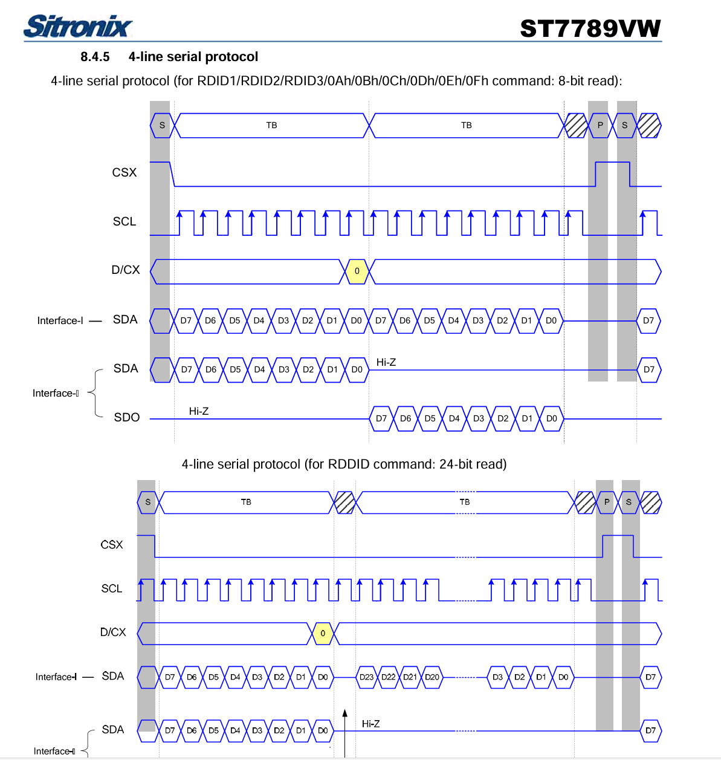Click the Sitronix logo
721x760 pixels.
pyautogui.click(x=77, y=27)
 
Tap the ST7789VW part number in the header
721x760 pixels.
pyautogui.click(x=590, y=28)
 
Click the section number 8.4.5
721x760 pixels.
pyautogui.click(x=95, y=57)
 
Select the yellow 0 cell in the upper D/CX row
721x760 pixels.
pyautogui.click(x=357, y=271)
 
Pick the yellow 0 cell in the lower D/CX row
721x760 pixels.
pyautogui.click(x=323, y=633)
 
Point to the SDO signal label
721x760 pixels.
pyautogui.click(x=127, y=417)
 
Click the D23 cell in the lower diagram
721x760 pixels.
pyautogui.click(x=366, y=677)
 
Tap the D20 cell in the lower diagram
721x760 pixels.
pyautogui.click(x=432, y=677)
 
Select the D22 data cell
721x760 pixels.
pyautogui.click(x=388, y=677)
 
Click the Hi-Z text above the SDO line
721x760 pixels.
pyautogui.click(x=199, y=411)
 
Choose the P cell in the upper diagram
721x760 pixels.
pyautogui.click(x=600, y=125)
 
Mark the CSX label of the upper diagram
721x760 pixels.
pyautogui.click(x=124, y=172)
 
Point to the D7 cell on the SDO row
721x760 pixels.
pyautogui.click(x=381, y=418)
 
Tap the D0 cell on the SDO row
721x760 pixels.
pyautogui.click(x=552, y=418)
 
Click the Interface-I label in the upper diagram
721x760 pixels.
pyautogui.click(x=60, y=320)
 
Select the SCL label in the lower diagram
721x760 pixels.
pyautogui.click(x=112, y=588)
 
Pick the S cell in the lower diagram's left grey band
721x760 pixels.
pyautogui.click(x=148, y=502)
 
